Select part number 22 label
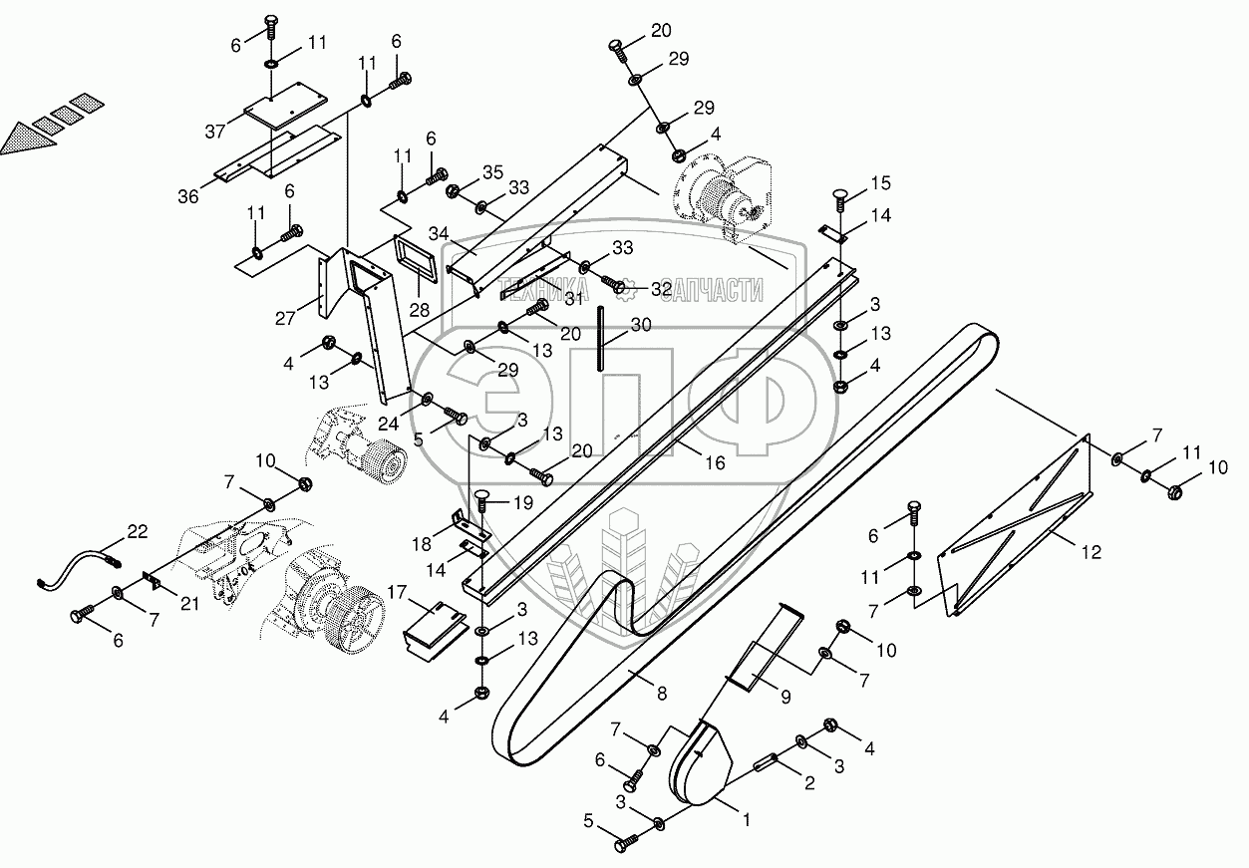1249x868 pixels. [137, 532]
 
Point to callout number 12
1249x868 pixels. [1092, 552]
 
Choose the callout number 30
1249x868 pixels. [641, 324]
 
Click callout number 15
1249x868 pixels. [880, 183]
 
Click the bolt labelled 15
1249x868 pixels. [838, 199]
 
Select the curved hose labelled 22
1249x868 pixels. [75, 567]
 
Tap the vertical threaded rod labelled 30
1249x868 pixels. [603, 339]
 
